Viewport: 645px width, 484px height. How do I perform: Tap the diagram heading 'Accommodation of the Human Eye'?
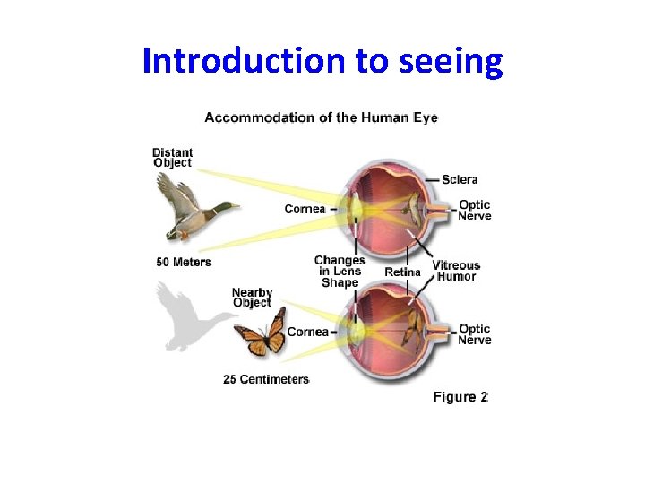coord(321,117)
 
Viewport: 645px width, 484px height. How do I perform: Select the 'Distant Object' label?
coord(172,157)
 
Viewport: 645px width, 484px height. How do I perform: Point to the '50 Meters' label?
coord(184,262)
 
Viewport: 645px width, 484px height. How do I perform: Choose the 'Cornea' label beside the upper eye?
coord(305,209)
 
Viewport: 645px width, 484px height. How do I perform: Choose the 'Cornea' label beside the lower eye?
coord(308,332)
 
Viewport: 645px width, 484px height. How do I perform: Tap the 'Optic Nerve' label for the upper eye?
coord(475,210)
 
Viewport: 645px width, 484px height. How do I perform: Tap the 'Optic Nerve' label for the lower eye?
coord(475,334)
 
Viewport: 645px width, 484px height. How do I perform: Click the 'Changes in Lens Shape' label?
coord(340,271)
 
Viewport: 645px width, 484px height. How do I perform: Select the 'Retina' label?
coord(402,272)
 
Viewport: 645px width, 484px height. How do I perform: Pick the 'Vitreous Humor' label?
coord(456,271)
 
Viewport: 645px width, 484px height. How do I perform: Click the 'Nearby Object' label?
coord(252,298)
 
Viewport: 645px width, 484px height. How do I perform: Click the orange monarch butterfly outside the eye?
coord(260,332)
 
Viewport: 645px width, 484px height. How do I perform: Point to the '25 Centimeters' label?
coord(266,379)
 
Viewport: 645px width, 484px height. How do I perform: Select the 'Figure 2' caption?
coord(460,397)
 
